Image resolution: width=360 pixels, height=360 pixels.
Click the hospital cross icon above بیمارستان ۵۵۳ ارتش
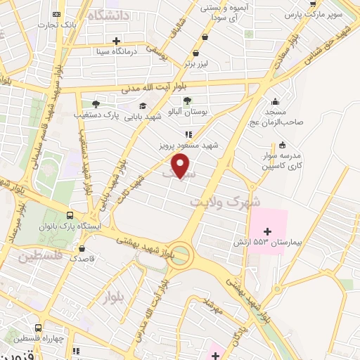pyautogui.click(x=267, y=231)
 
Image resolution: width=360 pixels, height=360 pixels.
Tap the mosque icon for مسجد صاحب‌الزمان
pyautogui.click(x=274, y=101)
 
